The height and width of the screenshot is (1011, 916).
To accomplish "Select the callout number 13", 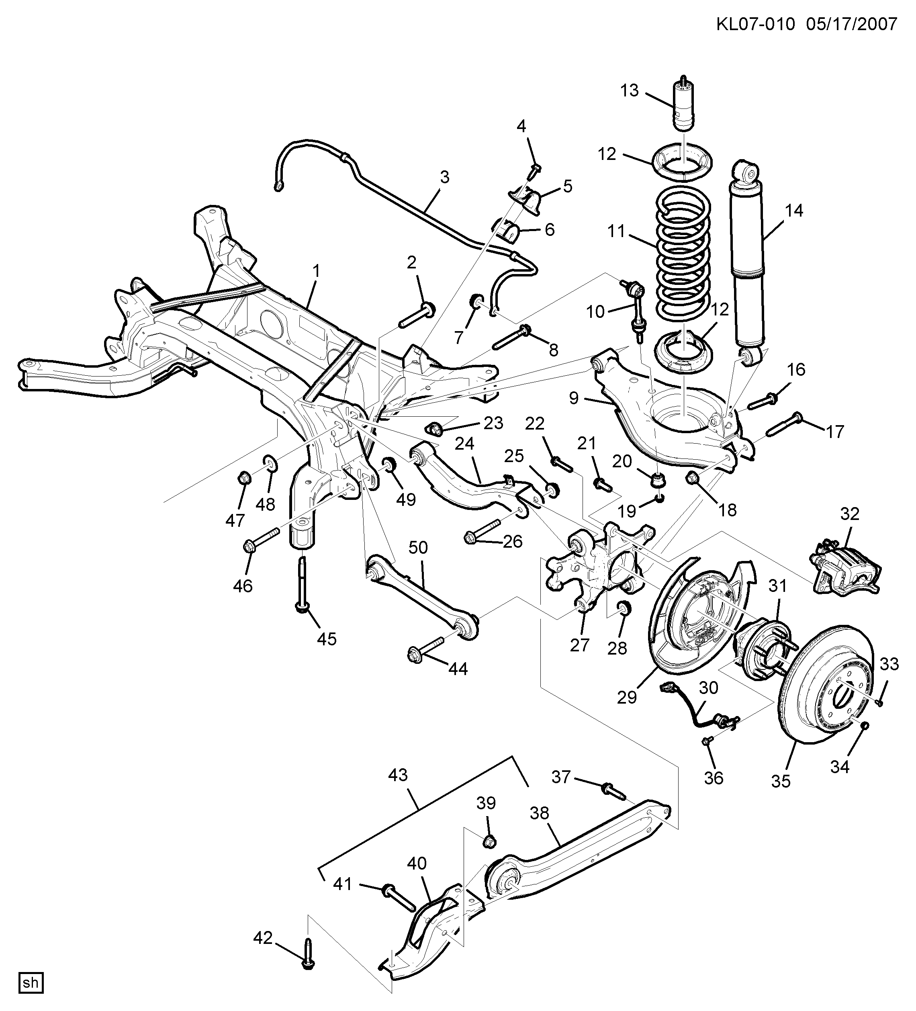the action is pyautogui.click(x=630, y=90).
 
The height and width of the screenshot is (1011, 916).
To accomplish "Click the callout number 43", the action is pyautogui.click(x=398, y=775).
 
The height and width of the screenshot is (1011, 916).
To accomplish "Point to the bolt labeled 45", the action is pyautogui.click(x=302, y=586).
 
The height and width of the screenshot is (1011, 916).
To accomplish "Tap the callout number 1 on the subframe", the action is pyautogui.click(x=316, y=271).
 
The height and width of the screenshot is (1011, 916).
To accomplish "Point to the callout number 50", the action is pyautogui.click(x=418, y=547).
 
